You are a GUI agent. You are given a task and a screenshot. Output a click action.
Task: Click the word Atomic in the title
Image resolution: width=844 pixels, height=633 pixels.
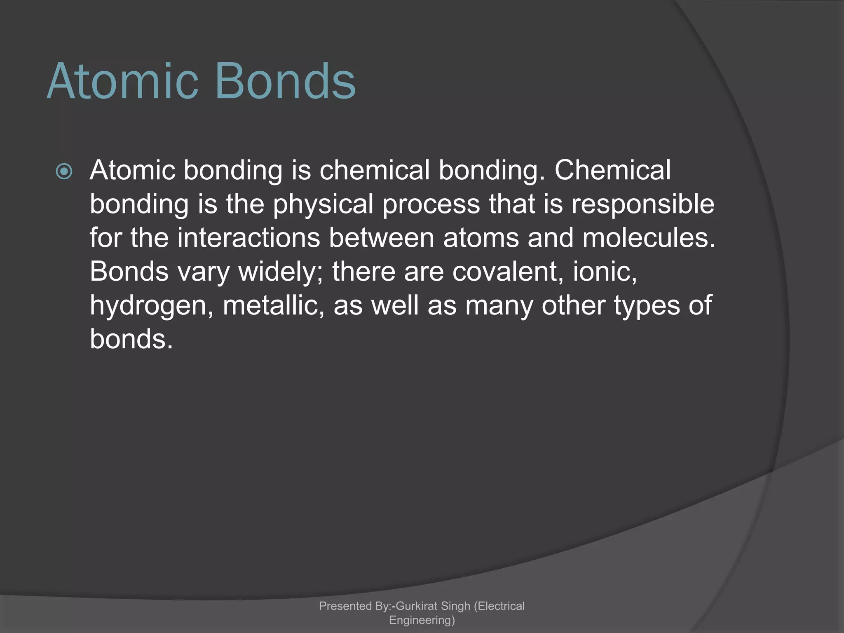[123, 81]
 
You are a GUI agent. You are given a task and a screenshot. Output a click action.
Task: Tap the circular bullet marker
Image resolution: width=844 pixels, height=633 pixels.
[64, 171]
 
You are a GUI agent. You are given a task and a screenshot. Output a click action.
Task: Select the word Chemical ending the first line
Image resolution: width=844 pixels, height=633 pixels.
[612, 170]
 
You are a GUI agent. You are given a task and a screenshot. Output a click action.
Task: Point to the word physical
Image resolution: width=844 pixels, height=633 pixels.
[323, 205]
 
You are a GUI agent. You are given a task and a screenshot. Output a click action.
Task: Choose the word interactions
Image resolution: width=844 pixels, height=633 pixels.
[249, 238]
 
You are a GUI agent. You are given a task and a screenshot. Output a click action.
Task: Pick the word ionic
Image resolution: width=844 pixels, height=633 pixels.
[605, 272]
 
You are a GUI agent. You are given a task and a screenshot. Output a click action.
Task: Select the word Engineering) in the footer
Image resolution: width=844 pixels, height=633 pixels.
[422, 620]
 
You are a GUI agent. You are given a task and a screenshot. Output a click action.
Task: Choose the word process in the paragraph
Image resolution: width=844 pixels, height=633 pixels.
[431, 205]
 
